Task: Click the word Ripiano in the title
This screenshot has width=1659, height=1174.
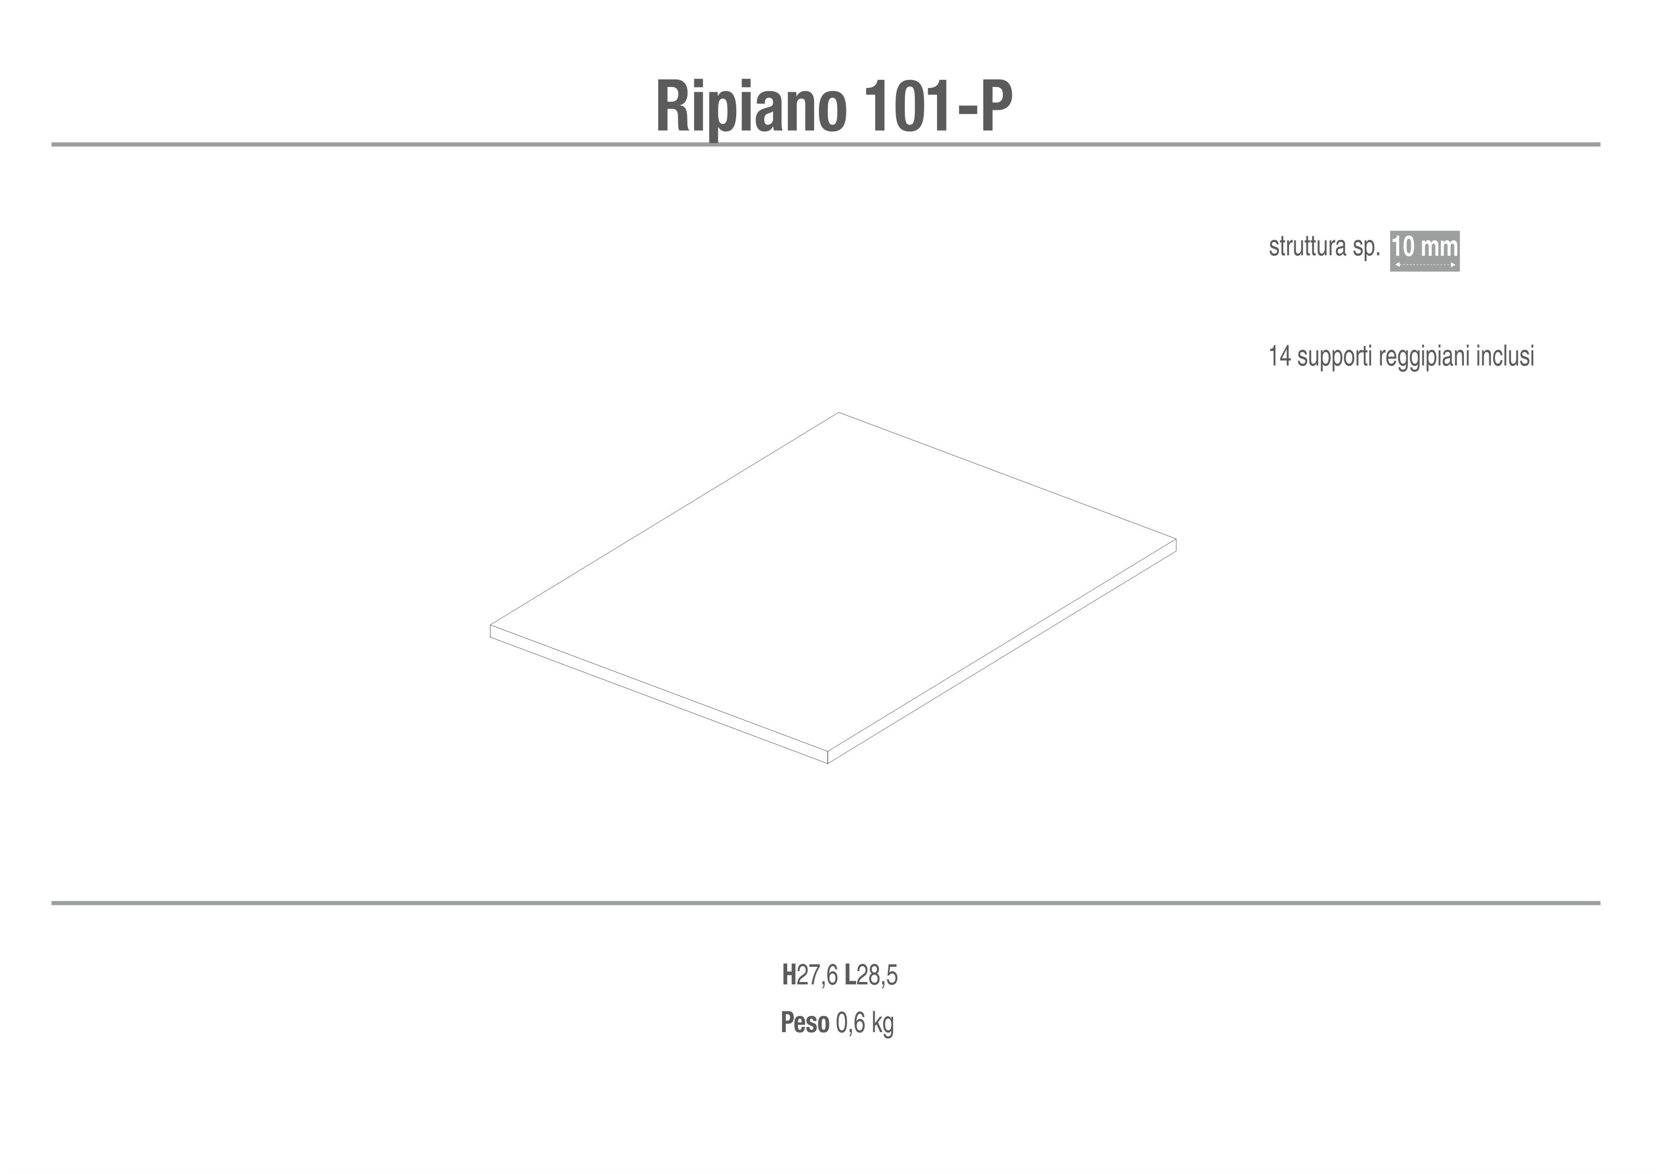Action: pos(751,107)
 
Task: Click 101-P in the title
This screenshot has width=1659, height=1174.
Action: pos(938,105)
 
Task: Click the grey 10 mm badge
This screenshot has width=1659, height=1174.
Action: pos(1425,252)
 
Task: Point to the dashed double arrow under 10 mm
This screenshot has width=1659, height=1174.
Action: pos(1425,265)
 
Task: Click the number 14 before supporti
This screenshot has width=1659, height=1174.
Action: pos(1280,357)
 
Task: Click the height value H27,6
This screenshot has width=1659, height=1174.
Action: pos(810,976)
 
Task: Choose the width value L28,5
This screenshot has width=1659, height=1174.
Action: pos(871,976)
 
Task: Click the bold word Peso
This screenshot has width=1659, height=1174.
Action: pos(805,1024)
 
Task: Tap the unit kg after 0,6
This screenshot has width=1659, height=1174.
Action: pos(883,1025)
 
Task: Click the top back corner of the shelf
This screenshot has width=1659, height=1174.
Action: pos(839,413)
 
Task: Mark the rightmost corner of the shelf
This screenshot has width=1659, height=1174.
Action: pos(1177,539)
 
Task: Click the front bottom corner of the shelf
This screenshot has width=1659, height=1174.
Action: pos(827,764)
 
